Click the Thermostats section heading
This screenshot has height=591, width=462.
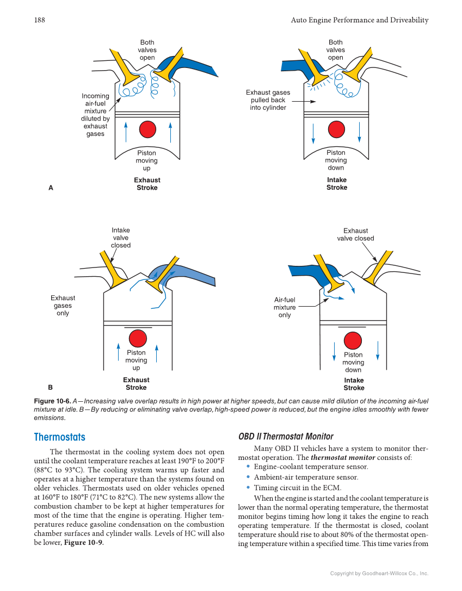pyautogui.click(x=59, y=437)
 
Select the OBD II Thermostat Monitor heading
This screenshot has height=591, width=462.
pyautogui.click(x=286, y=437)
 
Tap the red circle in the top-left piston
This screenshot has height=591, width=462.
pyautogui.click(x=147, y=129)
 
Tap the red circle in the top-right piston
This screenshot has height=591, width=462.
pyautogui.click(x=337, y=129)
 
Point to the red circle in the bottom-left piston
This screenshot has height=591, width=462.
pyautogui.click(x=138, y=338)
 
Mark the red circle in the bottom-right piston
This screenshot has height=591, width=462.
pyautogui.click(x=353, y=340)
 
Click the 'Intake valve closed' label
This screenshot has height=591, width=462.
pyautogui.click(x=121, y=238)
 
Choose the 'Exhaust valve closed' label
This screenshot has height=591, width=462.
pyautogui.click(x=355, y=234)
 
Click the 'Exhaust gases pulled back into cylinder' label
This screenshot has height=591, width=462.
pyautogui.click(x=268, y=100)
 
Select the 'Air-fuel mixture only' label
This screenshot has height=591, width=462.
pyautogui.click(x=285, y=307)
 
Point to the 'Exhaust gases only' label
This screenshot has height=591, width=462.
pyautogui.click(x=63, y=306)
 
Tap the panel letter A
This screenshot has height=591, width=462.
pyautogui.click(x=51, y=188)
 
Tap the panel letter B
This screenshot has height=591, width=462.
pyautogui.click(x=51, y=388)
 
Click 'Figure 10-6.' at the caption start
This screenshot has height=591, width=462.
pyautogui.click(x=54, y=401)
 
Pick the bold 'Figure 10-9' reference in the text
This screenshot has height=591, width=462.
pyautogui.click(x=83, y=543)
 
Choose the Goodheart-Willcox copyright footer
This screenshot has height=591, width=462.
pyautogui.click(x=379, y=573)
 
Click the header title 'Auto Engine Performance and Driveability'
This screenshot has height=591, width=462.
pyautogui.click(x=360, y=20)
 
